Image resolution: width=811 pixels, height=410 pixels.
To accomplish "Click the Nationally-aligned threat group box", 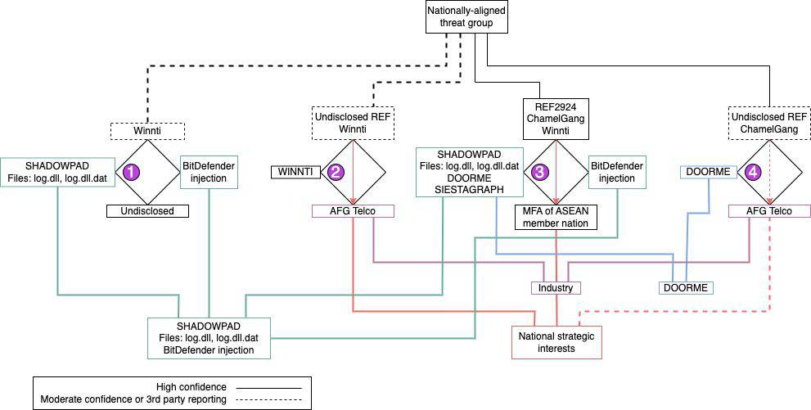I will [x=466, y=17].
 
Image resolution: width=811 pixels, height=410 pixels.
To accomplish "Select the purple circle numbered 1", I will [x=128, y=173].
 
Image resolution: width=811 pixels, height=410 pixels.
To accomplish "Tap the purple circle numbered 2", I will [x=335, y=173].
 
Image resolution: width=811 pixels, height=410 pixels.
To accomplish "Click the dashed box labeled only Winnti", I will [x=147, y=129].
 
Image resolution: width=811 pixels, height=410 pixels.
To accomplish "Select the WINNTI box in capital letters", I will [x=295, y=172].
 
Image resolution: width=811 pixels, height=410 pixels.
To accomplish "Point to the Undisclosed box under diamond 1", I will [x=146, y=211].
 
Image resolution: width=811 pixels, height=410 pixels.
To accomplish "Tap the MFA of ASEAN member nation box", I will [x=556, y=217].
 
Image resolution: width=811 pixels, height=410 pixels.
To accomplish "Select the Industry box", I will [x=556, y=287].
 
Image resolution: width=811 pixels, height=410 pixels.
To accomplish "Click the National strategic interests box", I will [x=556, y=342].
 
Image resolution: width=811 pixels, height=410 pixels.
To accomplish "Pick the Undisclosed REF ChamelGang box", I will [x=762, y=123].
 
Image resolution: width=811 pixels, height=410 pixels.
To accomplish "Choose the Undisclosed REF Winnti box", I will [x=353, y=122].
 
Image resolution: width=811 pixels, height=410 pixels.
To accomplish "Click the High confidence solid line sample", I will [x=268, y=386].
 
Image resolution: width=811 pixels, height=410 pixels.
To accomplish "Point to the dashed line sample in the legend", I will [x=268, y=399].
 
